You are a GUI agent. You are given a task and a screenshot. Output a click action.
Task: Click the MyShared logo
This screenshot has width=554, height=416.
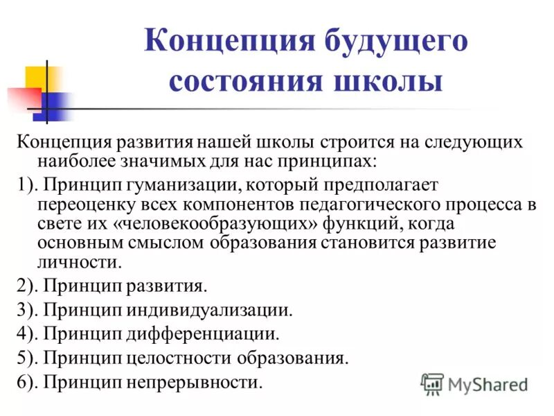point(474,383)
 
